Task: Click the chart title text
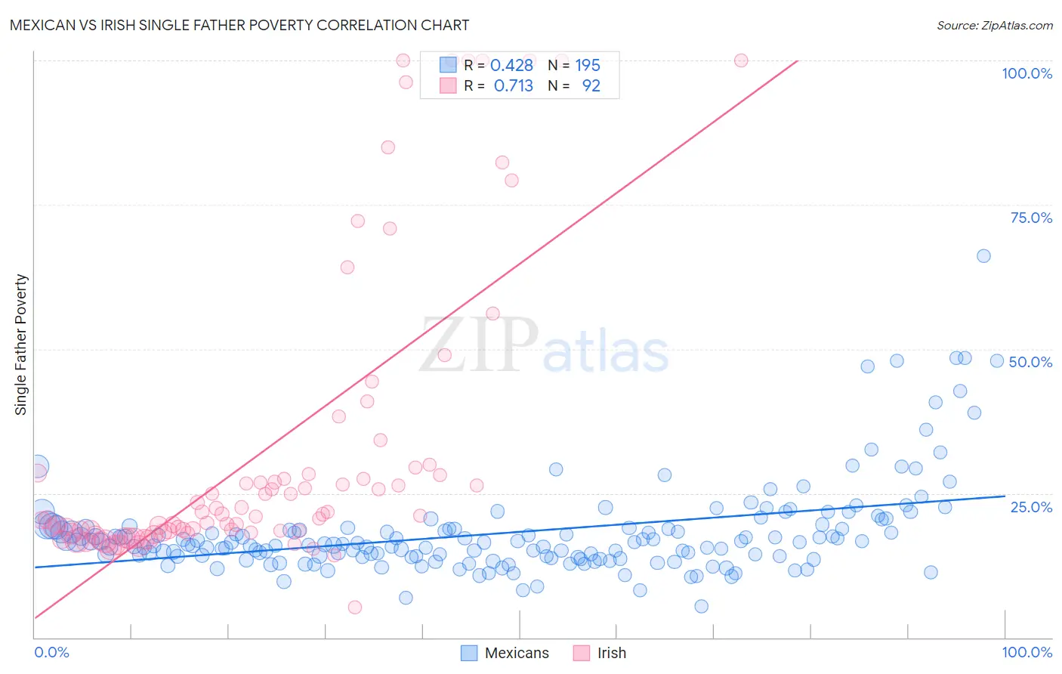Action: coord(239,25)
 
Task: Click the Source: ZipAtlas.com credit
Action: coord(994,25)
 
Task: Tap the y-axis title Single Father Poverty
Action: coord(21,345)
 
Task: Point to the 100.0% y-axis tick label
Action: coord(1026,73)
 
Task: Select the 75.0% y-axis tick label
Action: coord(1031,218)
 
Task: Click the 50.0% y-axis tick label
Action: coord(1030,362)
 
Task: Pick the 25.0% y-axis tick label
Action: coord(1031,507)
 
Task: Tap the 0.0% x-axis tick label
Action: coord(51,652)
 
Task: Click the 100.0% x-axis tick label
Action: coord(1026,652)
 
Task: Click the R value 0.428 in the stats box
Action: coord(511,65)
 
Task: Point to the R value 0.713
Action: coord(513,85)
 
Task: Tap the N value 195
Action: coord(588,65)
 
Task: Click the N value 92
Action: coord(591,85)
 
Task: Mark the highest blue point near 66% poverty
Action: coord(983,256)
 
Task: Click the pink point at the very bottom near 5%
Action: coord(355,607)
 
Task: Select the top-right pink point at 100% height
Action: coord(741,60)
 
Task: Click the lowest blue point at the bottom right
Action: coord(701,606)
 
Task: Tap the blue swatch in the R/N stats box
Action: coord(448,65)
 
